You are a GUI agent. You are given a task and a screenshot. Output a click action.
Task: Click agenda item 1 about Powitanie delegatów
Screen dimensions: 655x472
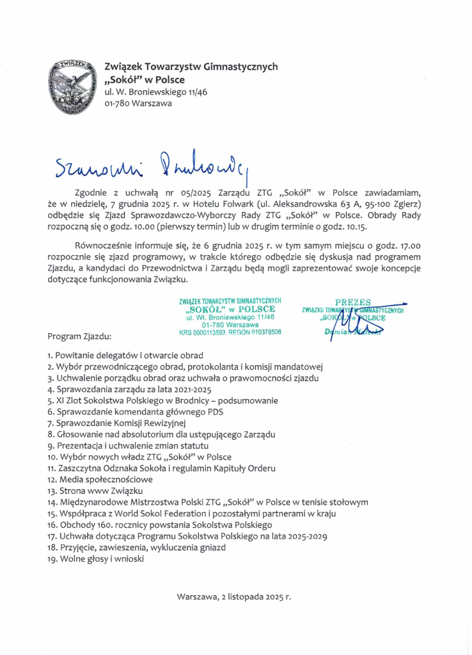(125, 355)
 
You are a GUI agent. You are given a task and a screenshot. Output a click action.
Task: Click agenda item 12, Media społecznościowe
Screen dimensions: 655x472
(100, 479)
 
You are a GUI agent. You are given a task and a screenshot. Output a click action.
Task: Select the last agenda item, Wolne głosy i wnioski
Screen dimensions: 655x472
(96, 558)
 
